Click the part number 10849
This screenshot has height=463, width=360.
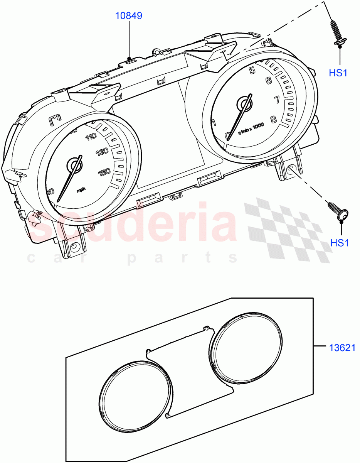pos(129,16)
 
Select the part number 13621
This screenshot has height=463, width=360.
pos(342,348)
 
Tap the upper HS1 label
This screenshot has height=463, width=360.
pos(338,72)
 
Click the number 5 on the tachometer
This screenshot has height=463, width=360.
pos(252,70)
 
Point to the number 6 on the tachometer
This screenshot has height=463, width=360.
pos(269,81)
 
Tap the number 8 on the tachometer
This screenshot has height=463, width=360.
pos(273,119)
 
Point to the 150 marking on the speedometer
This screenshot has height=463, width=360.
pos(104,172)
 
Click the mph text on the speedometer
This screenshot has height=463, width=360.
pos(81,189)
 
